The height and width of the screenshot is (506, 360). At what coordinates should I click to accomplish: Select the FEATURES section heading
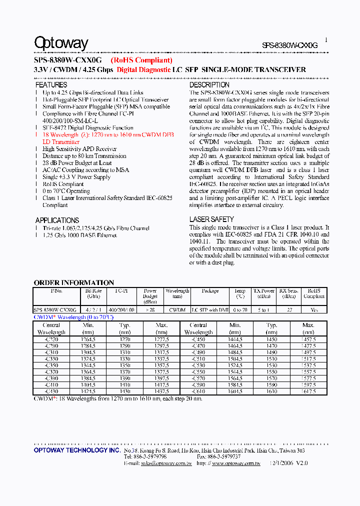pyautogui.click(x=51, y=85)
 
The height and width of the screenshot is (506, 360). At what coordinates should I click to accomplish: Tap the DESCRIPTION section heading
pyautogui.click(x=209, y=85)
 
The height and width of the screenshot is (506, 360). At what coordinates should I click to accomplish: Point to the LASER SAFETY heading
pyautogui.click(x=211, y=219)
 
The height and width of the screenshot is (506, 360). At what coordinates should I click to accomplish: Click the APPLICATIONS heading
pyautogui.click(x=57, y=220)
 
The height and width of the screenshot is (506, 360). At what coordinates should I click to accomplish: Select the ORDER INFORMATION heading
pyautogui.click(x=74, y=282)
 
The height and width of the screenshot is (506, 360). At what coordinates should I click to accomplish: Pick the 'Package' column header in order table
pyautogui.click(x=210, y=290)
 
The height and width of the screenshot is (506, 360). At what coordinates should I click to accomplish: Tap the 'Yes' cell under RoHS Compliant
pyautogui.click(x=313, y=310)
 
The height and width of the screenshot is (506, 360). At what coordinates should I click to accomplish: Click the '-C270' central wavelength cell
pyautogui.click(x=51, y=339)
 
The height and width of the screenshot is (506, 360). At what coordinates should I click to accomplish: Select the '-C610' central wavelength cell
pyautogui.click(x=198, y=391)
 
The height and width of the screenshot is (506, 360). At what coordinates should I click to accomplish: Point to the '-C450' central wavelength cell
pyautogui.click(x=198, y=339)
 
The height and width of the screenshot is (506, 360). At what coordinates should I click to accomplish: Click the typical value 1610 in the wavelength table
pyautogui.click(x=271, y=391)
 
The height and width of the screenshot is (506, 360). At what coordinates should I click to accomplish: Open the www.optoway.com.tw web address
pyautogui.click(x=236, y=463)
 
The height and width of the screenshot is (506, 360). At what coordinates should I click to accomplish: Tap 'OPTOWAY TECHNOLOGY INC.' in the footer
pyautogui.click(x=77, y=450)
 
